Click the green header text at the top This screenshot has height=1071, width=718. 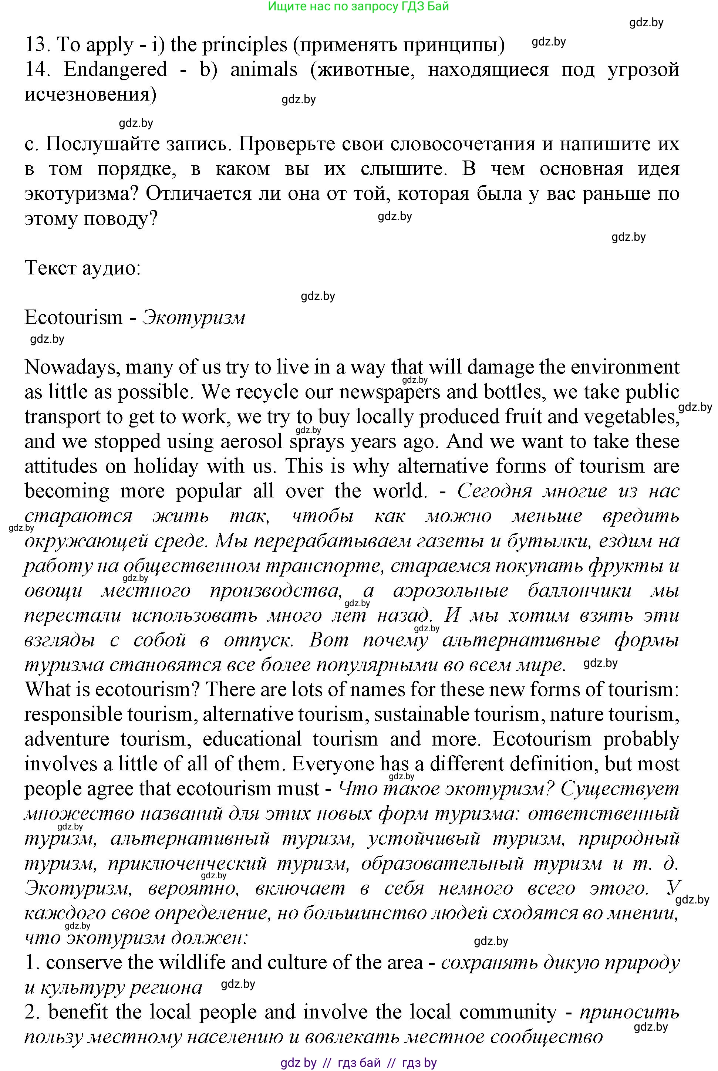click(x=358, y=6)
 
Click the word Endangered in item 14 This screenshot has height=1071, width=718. click(x=115, y=70)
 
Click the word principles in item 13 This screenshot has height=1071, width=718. click(x=245, y=45)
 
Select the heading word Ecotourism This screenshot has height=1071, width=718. click(x=73, y=317)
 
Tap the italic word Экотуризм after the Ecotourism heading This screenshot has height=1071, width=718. click(x=194, y=317)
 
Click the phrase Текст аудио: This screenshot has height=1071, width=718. click(x=82, y=268)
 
